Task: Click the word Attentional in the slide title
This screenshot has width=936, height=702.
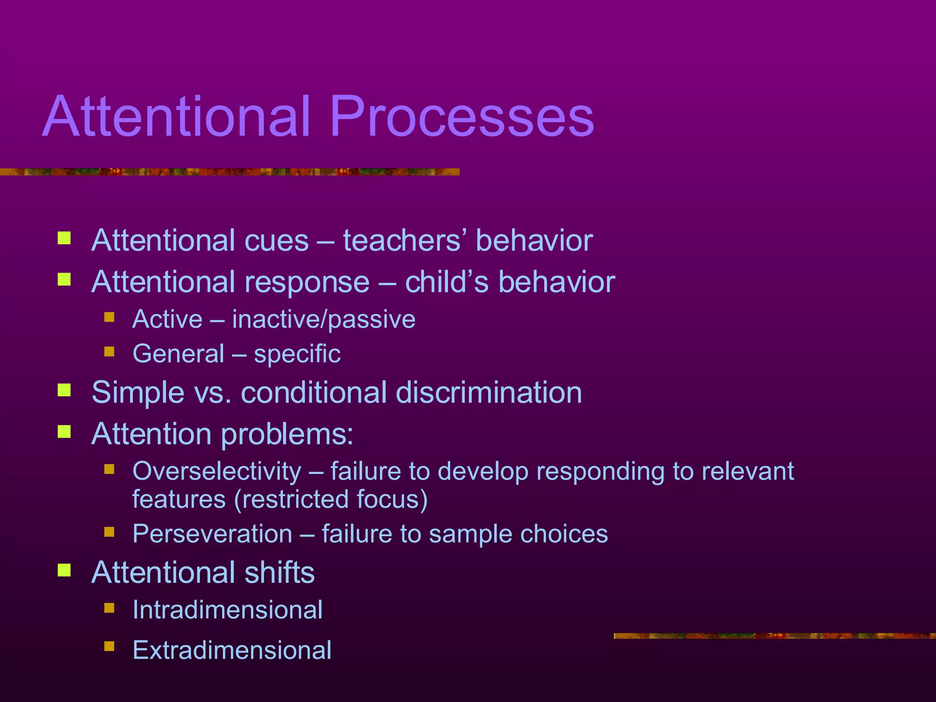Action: tap(176, 117)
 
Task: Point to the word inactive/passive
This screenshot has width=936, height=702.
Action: tap(324, 319)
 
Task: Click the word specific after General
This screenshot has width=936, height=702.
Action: tap(297, 354)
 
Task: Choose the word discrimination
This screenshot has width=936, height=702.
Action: tap(489, 392)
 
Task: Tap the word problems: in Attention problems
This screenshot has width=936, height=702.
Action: tap(287, 434)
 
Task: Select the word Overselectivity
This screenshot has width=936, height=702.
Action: tap(217, 471)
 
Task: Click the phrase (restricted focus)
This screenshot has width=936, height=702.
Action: tap(331, 499)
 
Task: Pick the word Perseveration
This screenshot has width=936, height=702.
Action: tap(212, 534)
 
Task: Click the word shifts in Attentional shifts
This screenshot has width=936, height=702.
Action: tap(279, 572)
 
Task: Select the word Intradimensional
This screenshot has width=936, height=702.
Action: tap(227, 610)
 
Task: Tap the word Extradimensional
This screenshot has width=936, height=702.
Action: tap(232, 650)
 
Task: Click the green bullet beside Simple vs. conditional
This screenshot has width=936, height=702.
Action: tap(64, 390)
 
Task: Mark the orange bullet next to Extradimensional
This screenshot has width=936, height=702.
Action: tap(109, 646)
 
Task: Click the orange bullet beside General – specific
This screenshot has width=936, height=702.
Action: tap(109, 351)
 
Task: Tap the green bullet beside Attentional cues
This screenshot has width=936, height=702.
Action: tap(64, 238)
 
